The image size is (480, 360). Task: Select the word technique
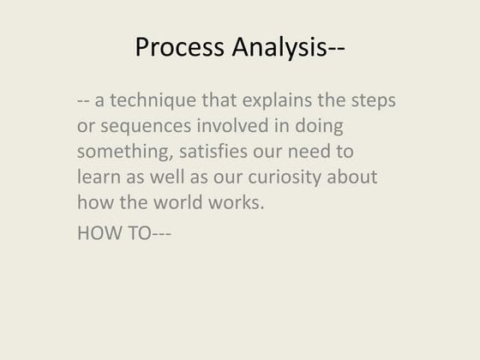(x=152, y=101)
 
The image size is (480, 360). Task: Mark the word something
(x=119, y=153)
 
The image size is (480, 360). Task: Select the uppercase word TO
(x=137, y=231)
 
